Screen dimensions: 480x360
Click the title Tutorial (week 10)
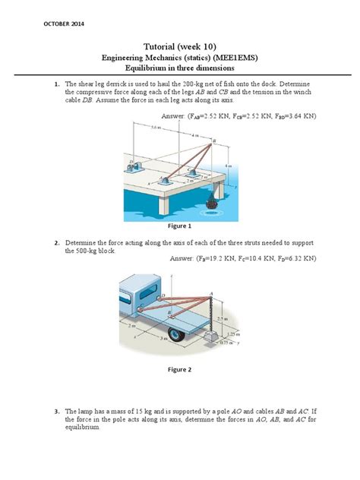[179, 46]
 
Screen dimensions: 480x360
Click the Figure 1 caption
[179, 226]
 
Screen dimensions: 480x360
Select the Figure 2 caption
[179, 370]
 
